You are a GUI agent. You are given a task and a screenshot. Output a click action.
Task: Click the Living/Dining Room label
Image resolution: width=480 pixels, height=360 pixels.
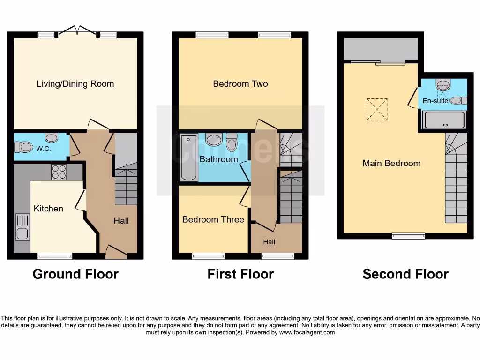pos(75,84)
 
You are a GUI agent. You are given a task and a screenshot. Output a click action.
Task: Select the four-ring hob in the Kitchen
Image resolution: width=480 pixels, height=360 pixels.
pos(59,172)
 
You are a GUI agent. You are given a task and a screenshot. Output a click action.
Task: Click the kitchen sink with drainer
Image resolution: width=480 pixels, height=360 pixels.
pos(22,226)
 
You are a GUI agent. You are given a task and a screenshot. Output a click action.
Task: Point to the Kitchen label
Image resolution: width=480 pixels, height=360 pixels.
pos(48,209)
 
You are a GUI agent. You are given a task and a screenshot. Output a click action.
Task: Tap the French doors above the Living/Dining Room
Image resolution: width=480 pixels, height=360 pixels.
pos(77,31)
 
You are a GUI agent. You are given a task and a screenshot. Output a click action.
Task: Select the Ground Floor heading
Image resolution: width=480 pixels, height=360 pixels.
pos(75,274)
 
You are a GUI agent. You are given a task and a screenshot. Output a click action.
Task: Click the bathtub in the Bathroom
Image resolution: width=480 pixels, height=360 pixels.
pos(188,157)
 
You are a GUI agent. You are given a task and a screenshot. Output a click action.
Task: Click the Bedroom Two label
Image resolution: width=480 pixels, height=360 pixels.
pos(240,84)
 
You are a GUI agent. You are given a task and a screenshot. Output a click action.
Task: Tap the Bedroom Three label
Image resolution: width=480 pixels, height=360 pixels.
pos(213,219)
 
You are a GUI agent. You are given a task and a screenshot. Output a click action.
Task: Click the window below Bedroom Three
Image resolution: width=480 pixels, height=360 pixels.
pos(208,256)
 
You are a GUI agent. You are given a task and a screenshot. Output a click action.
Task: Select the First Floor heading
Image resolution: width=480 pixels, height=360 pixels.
pos(240,274)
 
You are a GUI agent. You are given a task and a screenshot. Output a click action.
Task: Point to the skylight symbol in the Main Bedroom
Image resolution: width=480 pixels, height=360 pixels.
pos(377,109)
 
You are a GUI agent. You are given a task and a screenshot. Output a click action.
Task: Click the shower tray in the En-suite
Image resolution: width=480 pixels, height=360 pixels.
pos(445,120)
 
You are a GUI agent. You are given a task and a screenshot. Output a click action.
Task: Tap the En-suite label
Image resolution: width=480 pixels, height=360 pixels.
pos(435,100)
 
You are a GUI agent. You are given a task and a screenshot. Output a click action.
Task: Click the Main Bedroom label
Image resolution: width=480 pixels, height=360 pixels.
pos(391,163)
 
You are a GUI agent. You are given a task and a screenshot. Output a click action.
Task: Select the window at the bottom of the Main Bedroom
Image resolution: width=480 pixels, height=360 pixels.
pos(408,236)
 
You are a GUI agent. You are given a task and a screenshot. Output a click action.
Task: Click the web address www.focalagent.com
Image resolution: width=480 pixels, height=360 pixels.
pos(307,332)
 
